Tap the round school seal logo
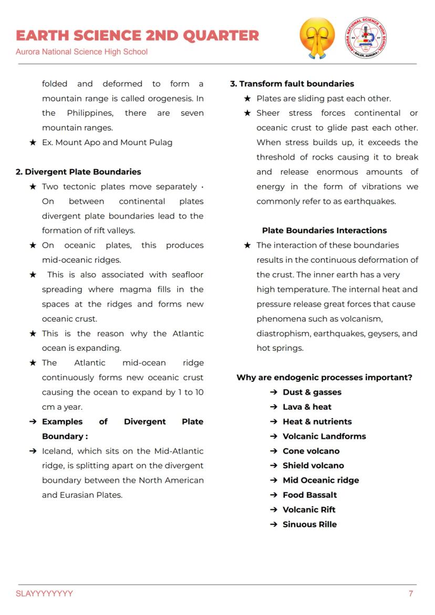366,38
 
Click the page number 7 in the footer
411,593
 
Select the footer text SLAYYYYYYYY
45,593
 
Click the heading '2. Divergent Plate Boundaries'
78,172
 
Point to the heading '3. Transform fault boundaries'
292,84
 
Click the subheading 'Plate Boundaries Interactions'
324,230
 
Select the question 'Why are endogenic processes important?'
324,377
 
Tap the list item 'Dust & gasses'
312,392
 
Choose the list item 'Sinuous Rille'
309,524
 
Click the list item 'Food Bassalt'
309,495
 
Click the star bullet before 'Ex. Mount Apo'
33,143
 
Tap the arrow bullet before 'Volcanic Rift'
274,509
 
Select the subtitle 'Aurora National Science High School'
81,52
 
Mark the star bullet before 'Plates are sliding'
247,98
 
